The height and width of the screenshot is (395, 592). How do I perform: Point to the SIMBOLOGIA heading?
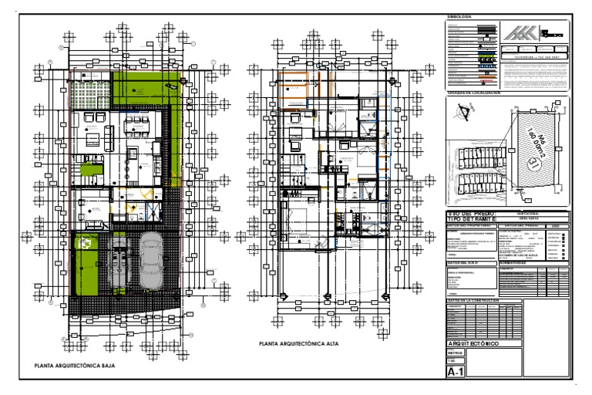pos(459,17)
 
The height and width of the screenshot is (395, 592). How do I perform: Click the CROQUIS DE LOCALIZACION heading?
pos(474,92)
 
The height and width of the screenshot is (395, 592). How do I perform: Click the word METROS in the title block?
pos(456,353)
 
